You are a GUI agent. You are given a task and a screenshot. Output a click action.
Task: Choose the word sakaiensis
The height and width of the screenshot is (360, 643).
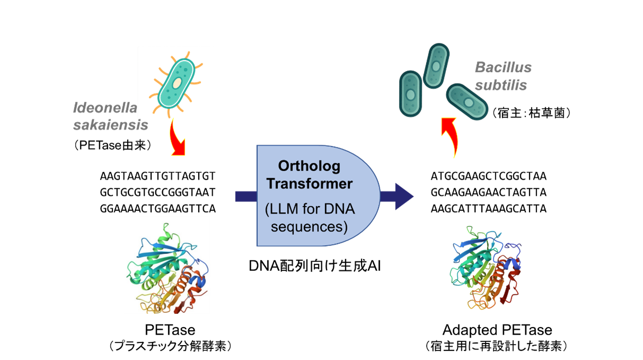click(110, 126)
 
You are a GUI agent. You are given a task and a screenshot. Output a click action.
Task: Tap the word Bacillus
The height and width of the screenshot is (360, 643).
click(503, 68)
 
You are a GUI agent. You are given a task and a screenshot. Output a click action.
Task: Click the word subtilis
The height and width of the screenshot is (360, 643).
click(500, 85)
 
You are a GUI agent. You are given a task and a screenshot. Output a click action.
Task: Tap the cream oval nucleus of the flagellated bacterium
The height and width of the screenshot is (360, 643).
click(177, 84)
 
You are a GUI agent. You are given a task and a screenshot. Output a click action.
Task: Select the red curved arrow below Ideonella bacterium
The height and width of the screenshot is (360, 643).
click(178, 139)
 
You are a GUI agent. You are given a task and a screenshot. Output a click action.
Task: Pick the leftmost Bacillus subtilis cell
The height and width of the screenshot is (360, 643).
click(410, 94)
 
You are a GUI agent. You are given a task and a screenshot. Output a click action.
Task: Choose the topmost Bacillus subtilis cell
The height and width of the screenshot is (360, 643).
click(436, 66)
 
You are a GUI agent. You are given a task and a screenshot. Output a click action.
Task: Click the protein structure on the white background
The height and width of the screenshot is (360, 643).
click(167, 265)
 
